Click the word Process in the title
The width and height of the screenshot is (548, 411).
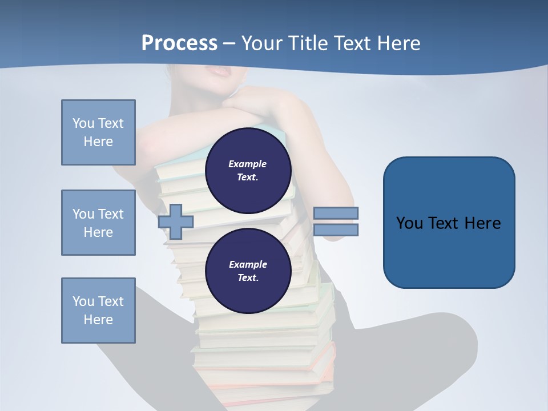179,43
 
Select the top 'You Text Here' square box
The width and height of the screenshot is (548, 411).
98,132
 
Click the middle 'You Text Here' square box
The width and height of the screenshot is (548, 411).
98,223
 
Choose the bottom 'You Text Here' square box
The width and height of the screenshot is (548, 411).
98,311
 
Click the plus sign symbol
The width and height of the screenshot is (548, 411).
176,221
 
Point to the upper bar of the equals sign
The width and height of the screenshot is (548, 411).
336,213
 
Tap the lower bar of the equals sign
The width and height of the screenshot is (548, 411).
336,230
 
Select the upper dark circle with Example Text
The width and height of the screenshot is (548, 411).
248,171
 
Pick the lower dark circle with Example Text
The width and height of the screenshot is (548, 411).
248,271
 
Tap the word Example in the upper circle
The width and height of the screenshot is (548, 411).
248,164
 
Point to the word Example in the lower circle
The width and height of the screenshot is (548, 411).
248,264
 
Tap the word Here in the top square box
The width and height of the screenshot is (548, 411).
98,142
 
